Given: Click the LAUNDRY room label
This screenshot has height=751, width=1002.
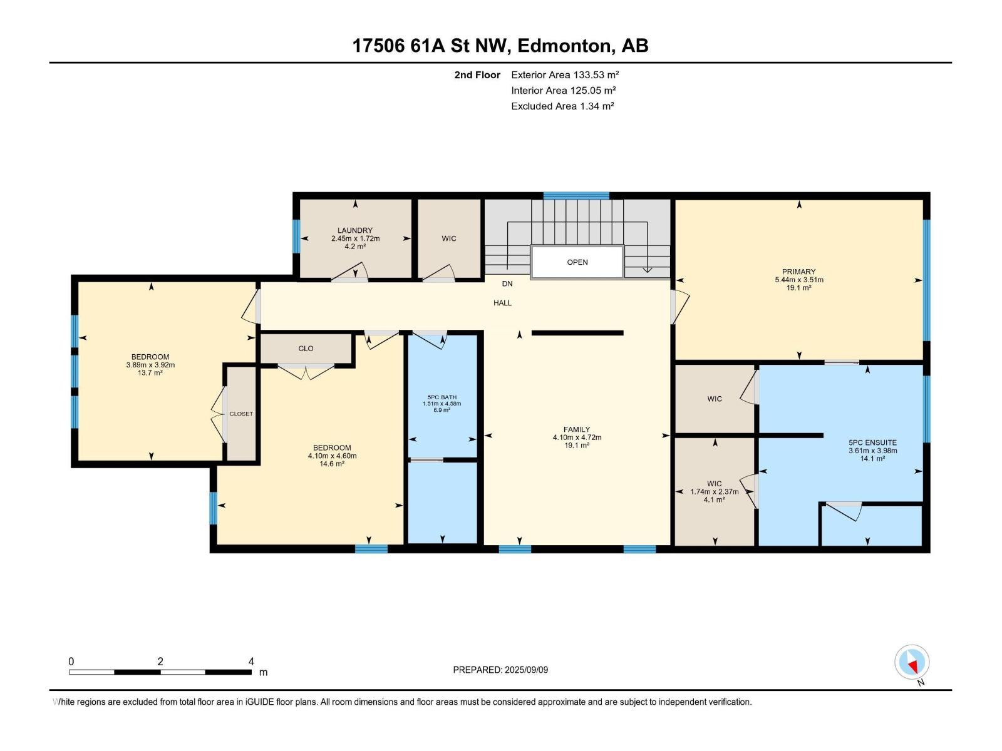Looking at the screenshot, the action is (355, 230).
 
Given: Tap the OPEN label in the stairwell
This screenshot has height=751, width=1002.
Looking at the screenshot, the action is (577, 262).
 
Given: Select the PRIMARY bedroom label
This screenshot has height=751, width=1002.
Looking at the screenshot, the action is (798, 272).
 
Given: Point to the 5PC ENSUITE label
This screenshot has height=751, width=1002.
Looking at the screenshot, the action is (872, 442).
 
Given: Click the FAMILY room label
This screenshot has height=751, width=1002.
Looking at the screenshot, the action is (577, 429).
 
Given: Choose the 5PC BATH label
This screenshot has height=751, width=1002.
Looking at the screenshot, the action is (442, 397).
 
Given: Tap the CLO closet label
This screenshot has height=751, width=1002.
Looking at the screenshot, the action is (306, 349).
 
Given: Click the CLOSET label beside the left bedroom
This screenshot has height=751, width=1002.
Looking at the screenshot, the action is (241, 414).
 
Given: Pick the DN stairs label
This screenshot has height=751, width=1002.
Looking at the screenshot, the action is (507, 284).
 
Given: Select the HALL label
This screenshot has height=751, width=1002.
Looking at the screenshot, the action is (502, 303).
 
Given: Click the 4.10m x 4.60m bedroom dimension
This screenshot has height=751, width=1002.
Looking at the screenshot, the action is (332, 456).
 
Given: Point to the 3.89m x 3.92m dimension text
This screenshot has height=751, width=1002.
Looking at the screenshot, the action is (150, 365).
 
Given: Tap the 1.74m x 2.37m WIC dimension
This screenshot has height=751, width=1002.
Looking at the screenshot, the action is (714, 491).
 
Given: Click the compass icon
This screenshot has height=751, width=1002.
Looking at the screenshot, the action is (912, 662).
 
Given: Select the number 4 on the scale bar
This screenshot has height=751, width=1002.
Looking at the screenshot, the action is (251, 661).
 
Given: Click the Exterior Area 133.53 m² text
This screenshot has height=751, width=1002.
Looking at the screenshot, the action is (565, 74).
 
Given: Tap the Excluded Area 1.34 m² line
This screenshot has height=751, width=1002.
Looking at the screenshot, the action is (562, 106).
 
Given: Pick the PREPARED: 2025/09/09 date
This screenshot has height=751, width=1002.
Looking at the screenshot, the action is (500, 670).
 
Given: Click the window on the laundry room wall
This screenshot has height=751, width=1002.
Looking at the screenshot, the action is (296, 237).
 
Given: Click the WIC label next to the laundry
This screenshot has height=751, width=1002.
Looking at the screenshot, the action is (449, 238).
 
